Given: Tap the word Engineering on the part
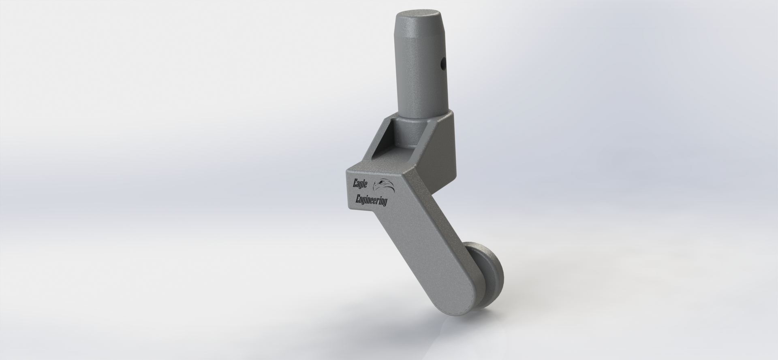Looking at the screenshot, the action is [371, 200].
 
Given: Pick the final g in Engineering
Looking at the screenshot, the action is [385, 202].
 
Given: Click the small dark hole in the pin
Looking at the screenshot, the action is [442, 63].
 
